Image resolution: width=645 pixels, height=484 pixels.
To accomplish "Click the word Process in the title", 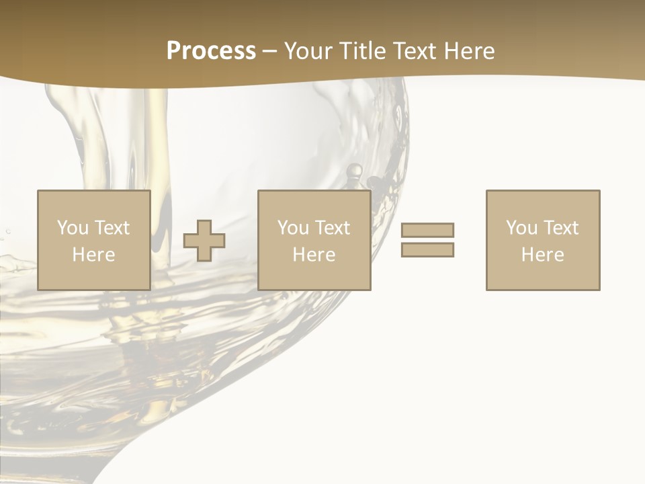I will (x=211, y=51).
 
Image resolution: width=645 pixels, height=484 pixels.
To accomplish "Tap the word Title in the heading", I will (x=362, y=51).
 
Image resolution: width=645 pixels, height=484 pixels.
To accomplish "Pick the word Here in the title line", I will (x=471, y=51).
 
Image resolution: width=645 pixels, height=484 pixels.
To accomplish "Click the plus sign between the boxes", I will (x=204, y=241).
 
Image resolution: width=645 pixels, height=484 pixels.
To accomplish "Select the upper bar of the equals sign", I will (x=427, y=230).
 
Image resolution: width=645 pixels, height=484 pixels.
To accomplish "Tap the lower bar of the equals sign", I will (x=427, y=250).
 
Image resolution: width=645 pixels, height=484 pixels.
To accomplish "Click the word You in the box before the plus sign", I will (x=73, y=228).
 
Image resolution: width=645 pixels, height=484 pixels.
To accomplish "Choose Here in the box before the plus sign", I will (x=93, y=255).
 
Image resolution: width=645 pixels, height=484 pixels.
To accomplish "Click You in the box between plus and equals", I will (x=293, y=228).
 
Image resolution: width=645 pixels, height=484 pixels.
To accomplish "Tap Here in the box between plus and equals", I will (x=314, y=255).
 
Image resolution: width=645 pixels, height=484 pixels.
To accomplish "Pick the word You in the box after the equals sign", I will (x=521, y=228).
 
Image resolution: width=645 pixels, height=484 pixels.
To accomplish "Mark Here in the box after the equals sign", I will (x=542, y=255).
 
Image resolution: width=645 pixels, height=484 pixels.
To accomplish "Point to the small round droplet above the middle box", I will (x=354, y=170).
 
